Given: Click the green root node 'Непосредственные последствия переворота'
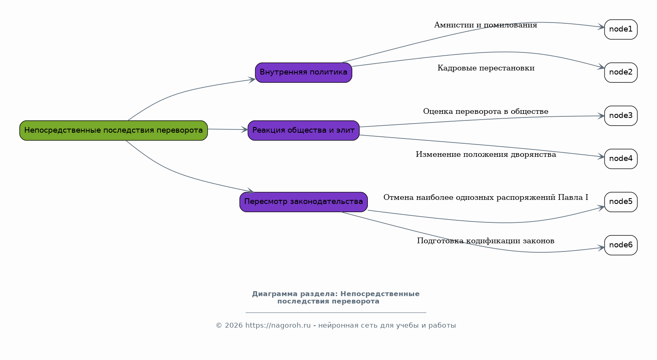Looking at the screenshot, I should click(113, 130).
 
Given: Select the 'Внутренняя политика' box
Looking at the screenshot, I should click(304, 72).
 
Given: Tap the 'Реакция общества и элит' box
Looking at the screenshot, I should click(304, 130).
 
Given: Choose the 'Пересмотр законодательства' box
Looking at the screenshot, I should click(304, 202).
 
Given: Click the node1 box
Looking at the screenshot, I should click(621, 29).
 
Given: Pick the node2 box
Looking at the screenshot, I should click(621, 72).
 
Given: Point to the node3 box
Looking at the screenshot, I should click(621, 116).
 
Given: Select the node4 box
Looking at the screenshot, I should click(621, 159).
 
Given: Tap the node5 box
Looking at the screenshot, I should click(621, 202).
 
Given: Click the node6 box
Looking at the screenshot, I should click(621, 245).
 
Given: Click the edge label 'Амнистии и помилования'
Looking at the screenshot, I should click(485, 25).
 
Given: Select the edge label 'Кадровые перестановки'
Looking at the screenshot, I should click(486, 68).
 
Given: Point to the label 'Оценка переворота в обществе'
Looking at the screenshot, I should click(485, 111).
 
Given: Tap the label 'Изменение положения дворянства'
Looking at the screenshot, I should click(486, 154).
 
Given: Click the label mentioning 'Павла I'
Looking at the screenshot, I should click(485, 197).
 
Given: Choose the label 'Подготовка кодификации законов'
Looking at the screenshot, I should click(485, 241).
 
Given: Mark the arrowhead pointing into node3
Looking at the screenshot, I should click(601, 116).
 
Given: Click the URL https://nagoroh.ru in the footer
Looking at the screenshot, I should click(278, 326).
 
